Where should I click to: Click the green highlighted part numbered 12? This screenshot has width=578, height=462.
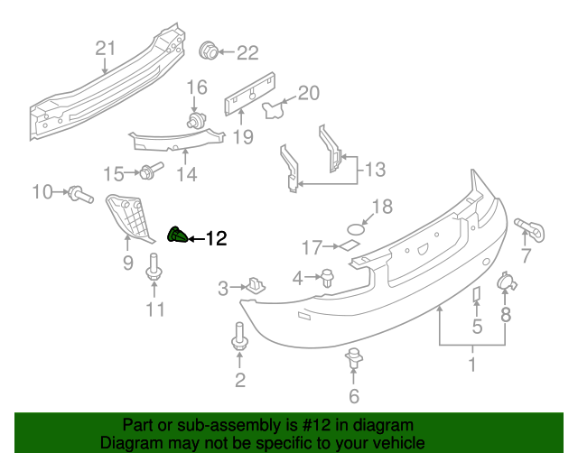coord(177,236)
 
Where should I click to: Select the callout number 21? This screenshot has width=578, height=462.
coord(107,50)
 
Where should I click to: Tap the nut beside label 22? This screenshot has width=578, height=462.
coord(207,51)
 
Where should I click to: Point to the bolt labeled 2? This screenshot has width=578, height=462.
coord(239,336)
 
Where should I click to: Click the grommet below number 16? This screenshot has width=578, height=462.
coord(194,120)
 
